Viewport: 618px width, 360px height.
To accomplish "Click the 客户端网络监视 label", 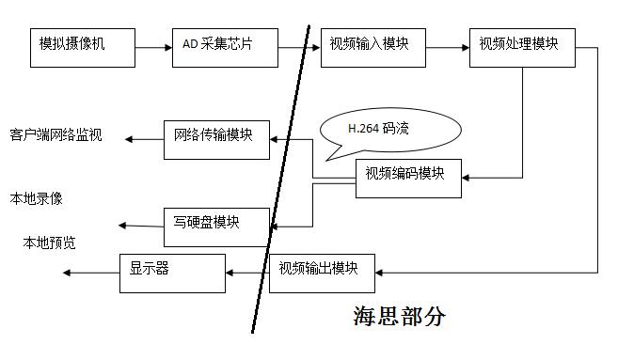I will (55, 135).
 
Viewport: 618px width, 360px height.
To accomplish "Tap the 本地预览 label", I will (50, 243).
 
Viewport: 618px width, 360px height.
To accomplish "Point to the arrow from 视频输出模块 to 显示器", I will (246, 273).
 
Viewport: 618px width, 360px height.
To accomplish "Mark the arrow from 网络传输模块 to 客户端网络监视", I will (145, 139).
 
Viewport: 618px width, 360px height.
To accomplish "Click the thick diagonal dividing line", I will (281, 179).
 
